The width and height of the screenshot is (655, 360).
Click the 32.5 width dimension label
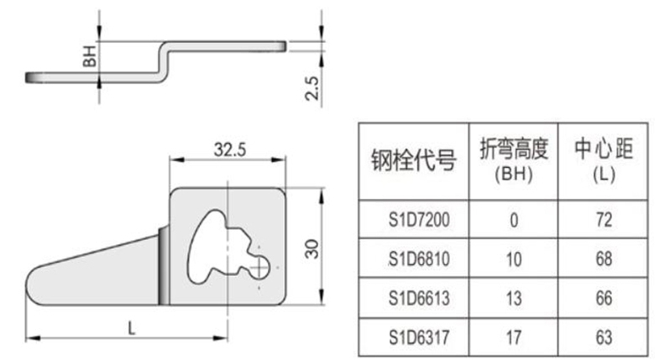228,150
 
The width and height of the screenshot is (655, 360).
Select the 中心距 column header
601,149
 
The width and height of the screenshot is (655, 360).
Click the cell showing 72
601,220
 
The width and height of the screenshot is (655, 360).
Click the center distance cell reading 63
601,337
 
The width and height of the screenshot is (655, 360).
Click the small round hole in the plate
263,265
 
